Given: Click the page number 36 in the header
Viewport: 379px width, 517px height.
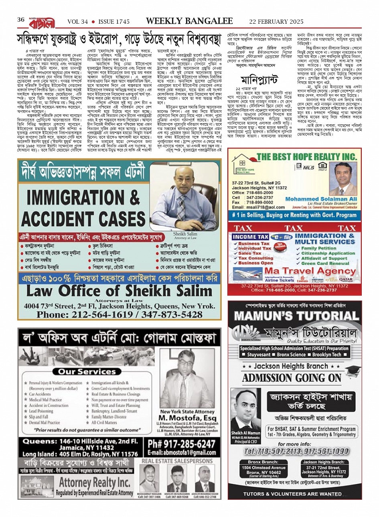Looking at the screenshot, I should coord(21,20).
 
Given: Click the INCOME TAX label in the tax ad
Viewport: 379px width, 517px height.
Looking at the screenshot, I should coord(251,237).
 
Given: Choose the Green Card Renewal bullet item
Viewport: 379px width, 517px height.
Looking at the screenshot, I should coord(325,264).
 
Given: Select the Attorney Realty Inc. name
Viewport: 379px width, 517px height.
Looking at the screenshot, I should coord(96,482).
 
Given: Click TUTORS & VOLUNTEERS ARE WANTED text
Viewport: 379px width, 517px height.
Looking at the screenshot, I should coord(292,494).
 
